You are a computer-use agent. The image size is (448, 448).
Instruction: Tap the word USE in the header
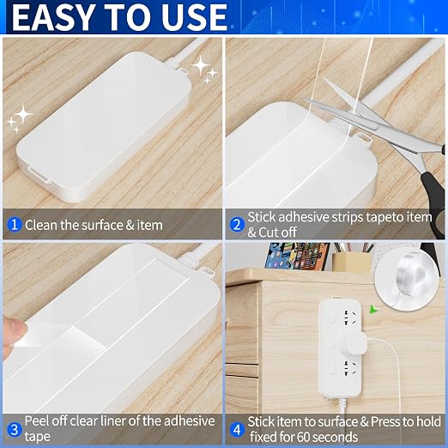tap(194, 17)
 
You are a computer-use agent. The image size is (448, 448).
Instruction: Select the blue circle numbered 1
tap(15, 225)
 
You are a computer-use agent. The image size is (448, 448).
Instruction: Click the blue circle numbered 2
tap(237, 225)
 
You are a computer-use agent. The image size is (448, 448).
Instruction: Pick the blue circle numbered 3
tap(15, 430)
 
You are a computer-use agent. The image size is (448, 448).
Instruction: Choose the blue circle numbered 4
tap(237, 430)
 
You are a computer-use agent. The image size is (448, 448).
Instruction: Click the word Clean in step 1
tap(41, 225)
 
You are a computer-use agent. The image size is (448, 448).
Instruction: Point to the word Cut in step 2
tap(268, 233)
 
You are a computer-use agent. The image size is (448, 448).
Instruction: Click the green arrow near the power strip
tap(372, 309)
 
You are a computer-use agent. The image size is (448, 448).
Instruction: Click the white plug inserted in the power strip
tap(354, 342)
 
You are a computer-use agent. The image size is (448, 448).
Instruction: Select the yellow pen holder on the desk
tap(351, 263)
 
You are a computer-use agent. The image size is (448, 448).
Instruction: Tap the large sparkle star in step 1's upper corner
tap(202, 65)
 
